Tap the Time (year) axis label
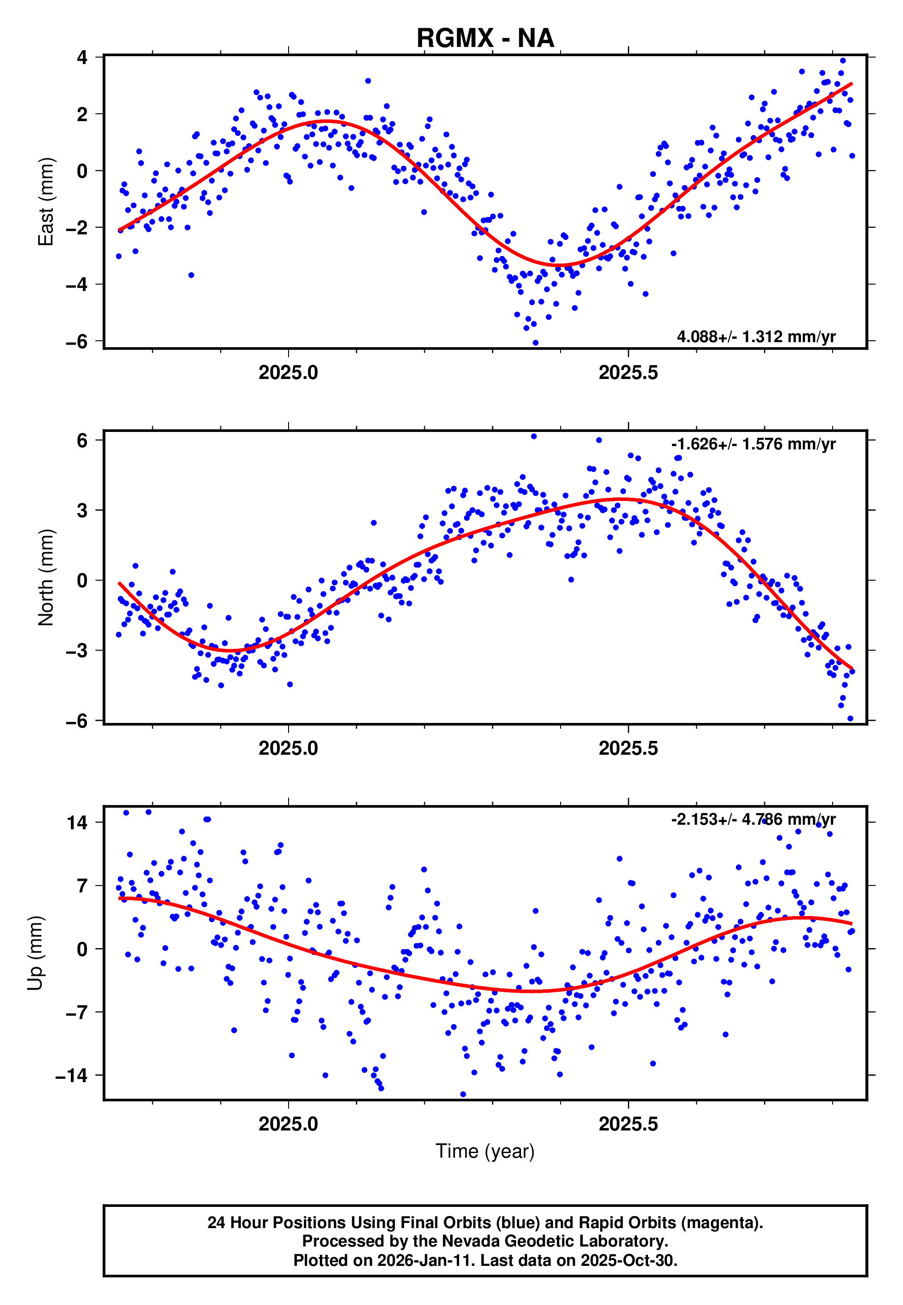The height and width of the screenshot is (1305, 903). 485,1151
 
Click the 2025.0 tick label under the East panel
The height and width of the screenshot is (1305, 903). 288,373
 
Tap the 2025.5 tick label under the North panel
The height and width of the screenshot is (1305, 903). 628,748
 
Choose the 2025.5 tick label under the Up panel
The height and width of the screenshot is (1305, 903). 628,1124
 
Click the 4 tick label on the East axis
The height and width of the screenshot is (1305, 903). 82,57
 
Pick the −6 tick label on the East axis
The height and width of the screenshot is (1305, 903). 77,341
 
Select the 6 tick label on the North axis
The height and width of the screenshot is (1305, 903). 82,440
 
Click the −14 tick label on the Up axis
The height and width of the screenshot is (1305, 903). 71,1075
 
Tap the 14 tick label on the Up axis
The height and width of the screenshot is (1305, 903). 77,822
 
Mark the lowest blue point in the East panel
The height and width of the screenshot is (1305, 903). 535,343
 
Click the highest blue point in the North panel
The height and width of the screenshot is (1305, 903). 533,437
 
